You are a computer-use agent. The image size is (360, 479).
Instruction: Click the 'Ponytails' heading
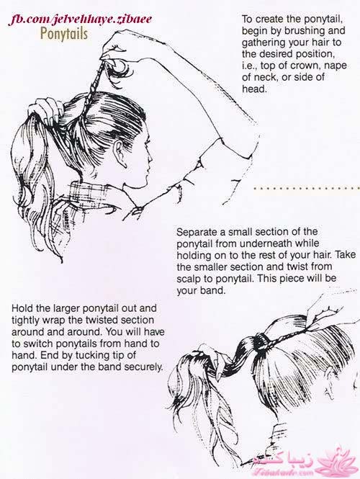point(64,34)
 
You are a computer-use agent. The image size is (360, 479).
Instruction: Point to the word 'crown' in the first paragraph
point(306,66)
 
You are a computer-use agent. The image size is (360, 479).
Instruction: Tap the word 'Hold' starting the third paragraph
point(22,308)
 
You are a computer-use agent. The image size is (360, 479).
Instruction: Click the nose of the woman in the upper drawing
point(150,159)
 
